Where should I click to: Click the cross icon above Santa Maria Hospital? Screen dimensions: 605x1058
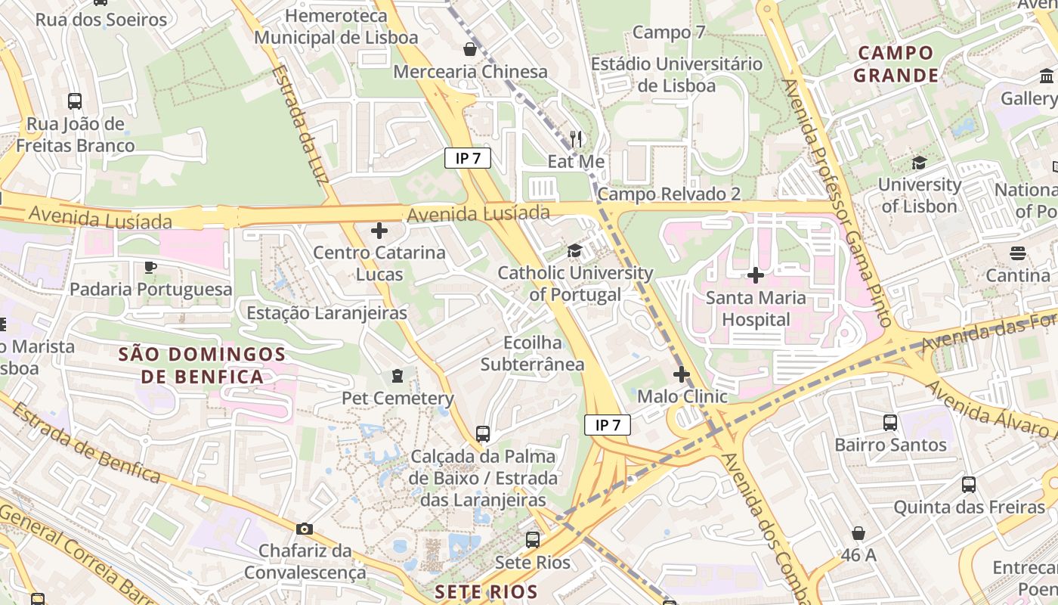click(x=755, y=275)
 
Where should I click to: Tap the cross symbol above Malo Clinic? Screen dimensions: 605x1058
click(x=682, y=374)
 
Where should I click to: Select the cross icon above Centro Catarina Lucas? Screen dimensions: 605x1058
click(x=379, y=230)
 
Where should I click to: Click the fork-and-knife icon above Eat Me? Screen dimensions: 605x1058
click(x=576, y=138)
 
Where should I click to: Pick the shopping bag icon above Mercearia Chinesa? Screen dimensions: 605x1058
click(x=470, y=49)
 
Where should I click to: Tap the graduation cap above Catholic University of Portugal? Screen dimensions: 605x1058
click(x=575, y=250)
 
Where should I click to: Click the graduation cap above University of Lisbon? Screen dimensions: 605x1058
click(x=919, y=163)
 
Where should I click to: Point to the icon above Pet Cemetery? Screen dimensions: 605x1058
click(x=397, y=375)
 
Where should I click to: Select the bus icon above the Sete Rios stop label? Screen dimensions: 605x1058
click(x=533, y=540)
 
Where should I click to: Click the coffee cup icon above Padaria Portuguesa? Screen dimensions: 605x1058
click(x=150, y=266)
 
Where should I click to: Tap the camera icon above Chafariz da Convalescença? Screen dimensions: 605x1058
click(x=305, y=529)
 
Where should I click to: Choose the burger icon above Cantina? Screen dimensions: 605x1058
click(x=1018, y=253)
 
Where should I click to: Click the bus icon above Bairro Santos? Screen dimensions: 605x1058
click(x=890, y=422)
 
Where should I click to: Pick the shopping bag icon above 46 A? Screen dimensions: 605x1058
click(x=858, y=533)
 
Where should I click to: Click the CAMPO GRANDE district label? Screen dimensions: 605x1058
click(x=896, y=64)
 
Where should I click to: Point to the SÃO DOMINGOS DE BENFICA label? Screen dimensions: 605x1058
click(x=203, y=365)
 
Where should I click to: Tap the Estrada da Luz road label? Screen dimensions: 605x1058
click(x=300, y=123)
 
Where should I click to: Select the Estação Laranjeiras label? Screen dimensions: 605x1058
click(x=327, y=312)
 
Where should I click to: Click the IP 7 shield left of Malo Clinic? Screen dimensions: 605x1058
click(x=608, y=425)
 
